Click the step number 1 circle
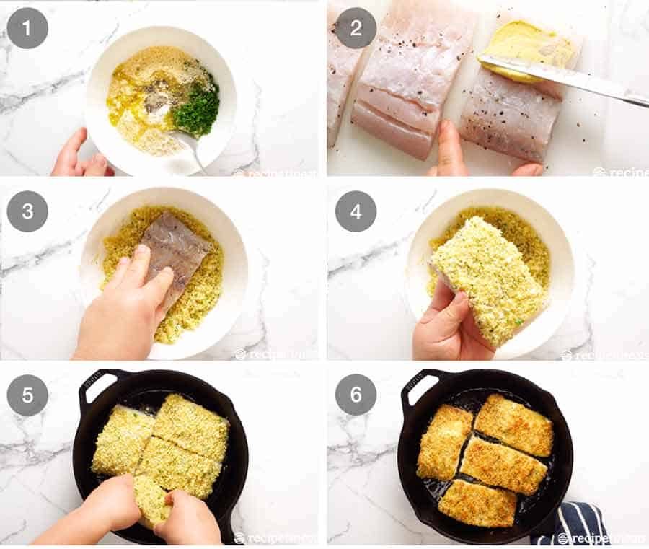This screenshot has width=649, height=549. point(27,28)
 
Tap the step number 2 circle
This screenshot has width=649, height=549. point(356,28)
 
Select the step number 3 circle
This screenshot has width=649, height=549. point(27,211)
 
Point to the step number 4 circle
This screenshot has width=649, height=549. point(356,211)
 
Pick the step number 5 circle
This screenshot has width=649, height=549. point(27,395)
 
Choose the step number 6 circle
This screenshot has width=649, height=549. point(356,395)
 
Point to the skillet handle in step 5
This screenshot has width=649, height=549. point(100,382)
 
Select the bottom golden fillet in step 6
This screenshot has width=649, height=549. point(477,503)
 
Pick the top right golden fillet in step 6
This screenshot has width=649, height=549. point(513,424)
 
